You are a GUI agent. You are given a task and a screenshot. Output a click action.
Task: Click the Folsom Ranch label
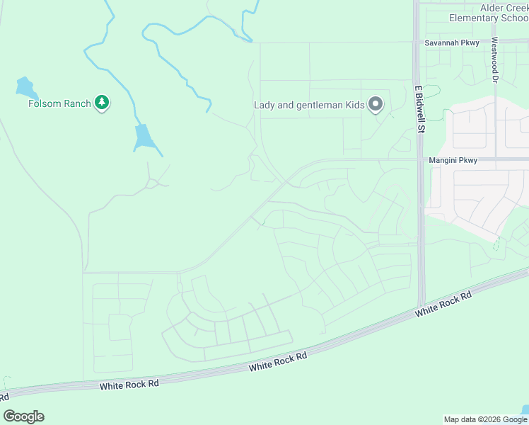(x=59, y=103)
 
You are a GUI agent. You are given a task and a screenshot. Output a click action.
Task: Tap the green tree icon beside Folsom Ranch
(x=103, y=103)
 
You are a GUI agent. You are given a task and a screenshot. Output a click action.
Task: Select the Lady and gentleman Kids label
(x=309, y=106)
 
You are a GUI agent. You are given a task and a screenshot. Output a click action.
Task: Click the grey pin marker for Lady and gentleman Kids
(x=376, y=105)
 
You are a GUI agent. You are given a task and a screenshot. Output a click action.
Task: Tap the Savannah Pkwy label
(x=452, y=43)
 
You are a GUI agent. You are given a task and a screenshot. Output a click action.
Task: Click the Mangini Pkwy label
(x=453, y=161)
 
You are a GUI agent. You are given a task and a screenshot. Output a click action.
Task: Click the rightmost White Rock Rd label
(x=443, y=305)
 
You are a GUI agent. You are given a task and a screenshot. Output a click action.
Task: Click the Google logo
(x=24, y=416)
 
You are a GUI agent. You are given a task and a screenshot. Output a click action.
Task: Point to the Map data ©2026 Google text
(x=486, y=419)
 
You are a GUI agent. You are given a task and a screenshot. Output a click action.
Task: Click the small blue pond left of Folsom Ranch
(x=25, y=88)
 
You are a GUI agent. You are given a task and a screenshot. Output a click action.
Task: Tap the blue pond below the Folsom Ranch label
(x=144, y=137)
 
